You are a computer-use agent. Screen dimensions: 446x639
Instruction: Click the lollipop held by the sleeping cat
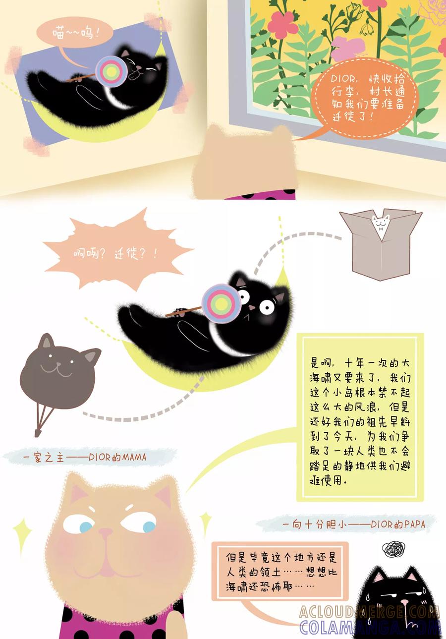click(x=111, y=72)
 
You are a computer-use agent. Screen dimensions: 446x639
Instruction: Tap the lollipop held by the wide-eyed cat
click(x=221, y=304)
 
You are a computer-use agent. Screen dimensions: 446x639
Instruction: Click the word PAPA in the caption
click(x=415, y=524)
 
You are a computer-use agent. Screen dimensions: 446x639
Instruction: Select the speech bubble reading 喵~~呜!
click(x=75, y=33)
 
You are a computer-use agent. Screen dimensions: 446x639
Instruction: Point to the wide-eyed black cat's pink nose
click(x=252, y=307)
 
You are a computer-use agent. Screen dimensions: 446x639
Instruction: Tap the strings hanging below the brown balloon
click(x=43, y=420)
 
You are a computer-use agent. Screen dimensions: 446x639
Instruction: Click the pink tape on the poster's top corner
click(x=158, y=22)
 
